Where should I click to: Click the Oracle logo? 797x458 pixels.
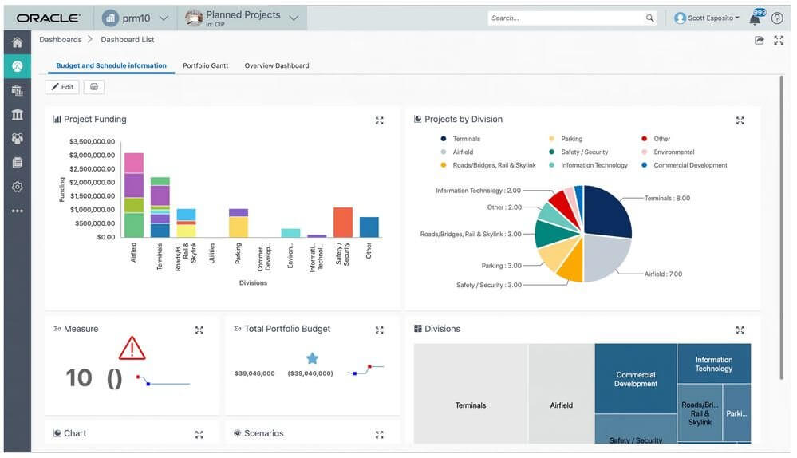(48, 18)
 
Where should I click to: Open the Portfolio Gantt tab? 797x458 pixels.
(205, 65)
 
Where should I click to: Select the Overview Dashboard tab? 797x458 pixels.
(276, 65)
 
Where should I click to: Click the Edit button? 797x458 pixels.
(62, 87)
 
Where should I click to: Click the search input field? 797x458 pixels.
(566, 18)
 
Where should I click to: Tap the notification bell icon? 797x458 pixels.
(755, 18)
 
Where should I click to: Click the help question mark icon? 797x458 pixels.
(776, 18)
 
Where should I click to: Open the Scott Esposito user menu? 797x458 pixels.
(707, 18)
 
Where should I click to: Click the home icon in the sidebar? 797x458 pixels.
(17, 41)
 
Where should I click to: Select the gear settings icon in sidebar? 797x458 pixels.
(17, 187)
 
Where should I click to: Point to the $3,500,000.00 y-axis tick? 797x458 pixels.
(92, 141)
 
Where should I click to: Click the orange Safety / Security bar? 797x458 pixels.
(343, 222)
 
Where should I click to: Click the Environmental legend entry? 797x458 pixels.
(673, 152)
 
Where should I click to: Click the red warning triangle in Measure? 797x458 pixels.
(132, 348)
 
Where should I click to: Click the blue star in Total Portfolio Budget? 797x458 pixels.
(312, 358)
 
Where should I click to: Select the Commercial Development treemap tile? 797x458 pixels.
(636, 379)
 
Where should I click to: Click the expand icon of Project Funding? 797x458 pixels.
(380, 120)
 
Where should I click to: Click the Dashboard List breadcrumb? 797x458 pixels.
(128, 39)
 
